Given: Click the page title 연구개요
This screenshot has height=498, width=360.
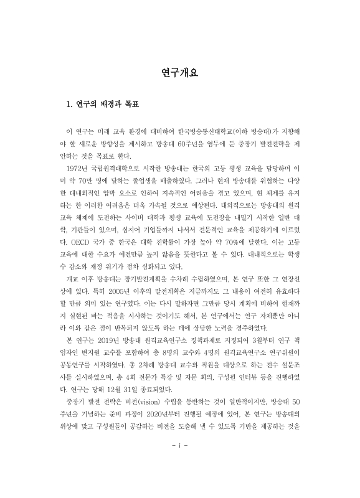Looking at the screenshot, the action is pyautogui.click(x=180, y=73).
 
